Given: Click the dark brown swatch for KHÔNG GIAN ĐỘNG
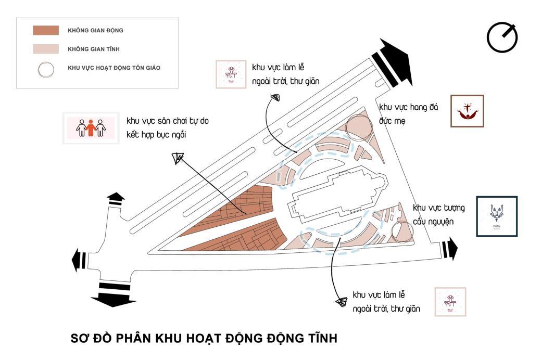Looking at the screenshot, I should click(45, 30).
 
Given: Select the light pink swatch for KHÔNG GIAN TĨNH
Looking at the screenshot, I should click(45, 49).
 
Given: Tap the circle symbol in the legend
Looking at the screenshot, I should click(46, 69).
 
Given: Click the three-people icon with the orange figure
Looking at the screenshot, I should click(88, 127).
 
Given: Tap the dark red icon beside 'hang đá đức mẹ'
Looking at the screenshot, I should click(467, 111).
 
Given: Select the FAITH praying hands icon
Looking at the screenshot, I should click(496, 216).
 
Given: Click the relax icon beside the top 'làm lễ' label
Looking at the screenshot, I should click(231, 75).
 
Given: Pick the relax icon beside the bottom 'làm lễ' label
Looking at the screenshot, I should click(450, 301).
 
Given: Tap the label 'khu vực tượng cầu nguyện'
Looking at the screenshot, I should click(439, 214).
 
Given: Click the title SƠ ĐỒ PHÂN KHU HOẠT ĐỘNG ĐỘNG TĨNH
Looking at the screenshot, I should click(204, 338).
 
